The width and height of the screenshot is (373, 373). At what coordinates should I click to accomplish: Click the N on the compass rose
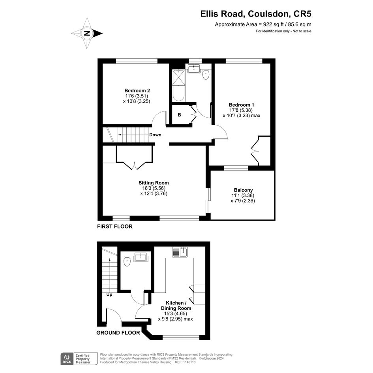click(x=87, y=33)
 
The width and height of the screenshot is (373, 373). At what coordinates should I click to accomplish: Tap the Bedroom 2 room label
click(x=137, y=91)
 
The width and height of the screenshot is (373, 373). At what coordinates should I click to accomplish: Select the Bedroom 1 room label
click(x=241, y=105)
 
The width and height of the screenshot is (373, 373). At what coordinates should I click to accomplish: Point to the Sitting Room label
click(x=154, y=183)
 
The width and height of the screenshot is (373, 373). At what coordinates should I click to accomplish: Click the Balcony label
click(x=244, y=190)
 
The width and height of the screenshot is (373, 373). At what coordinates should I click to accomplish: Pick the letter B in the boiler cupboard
click(x=179, y=115)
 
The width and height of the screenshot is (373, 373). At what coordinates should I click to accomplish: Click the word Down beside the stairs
click(x=156, y=135)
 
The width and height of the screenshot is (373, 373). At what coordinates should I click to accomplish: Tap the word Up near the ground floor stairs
click(x=109, y=295)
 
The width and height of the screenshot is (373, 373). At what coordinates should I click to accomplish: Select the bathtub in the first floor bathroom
click(x=178, y=85)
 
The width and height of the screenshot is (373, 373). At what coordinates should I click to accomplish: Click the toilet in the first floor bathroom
click(x=206, y=75)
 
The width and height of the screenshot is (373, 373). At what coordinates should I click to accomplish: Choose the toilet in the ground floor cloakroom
click(x=127, y=261)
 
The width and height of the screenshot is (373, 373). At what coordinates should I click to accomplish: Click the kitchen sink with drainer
click(x=180, y=252)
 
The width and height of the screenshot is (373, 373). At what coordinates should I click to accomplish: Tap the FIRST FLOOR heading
click(x=115, y=227)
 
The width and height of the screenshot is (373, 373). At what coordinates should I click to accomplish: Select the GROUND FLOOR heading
click(x=118, y=333)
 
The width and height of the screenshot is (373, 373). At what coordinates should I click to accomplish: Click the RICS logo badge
click(x=67, y=359)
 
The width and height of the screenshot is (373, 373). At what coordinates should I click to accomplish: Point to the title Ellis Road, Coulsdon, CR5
click(x=256, y=14)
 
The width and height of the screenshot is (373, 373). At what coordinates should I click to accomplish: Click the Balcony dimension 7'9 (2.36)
click(x=243, y=201)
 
